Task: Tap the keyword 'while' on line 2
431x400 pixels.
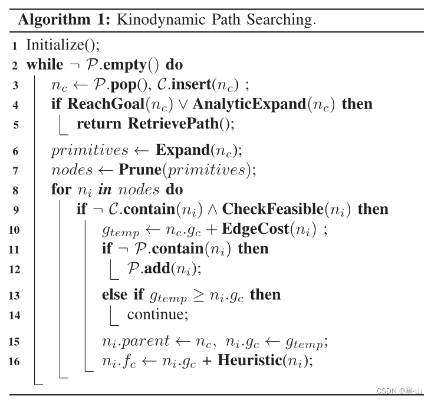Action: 43,64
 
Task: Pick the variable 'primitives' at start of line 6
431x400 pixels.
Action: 90,150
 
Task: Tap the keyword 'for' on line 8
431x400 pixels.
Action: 61,190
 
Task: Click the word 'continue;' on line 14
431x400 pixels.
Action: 157,315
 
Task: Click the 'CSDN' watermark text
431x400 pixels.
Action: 387,391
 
